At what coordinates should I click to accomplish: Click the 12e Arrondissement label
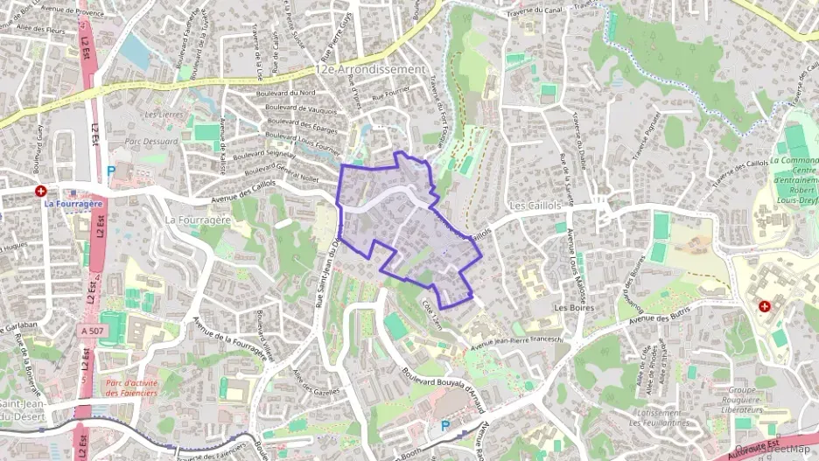point(371,68)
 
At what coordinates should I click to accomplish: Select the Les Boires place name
point(574,308)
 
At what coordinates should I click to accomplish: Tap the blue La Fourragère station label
point(73,203)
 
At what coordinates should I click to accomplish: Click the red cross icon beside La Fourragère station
point(40,191)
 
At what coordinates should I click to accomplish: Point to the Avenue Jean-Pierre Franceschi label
point(520,339)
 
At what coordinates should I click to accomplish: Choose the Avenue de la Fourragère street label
point(233,338)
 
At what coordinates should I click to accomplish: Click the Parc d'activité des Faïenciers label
point(131,388)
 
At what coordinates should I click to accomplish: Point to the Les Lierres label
point(162,115)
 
